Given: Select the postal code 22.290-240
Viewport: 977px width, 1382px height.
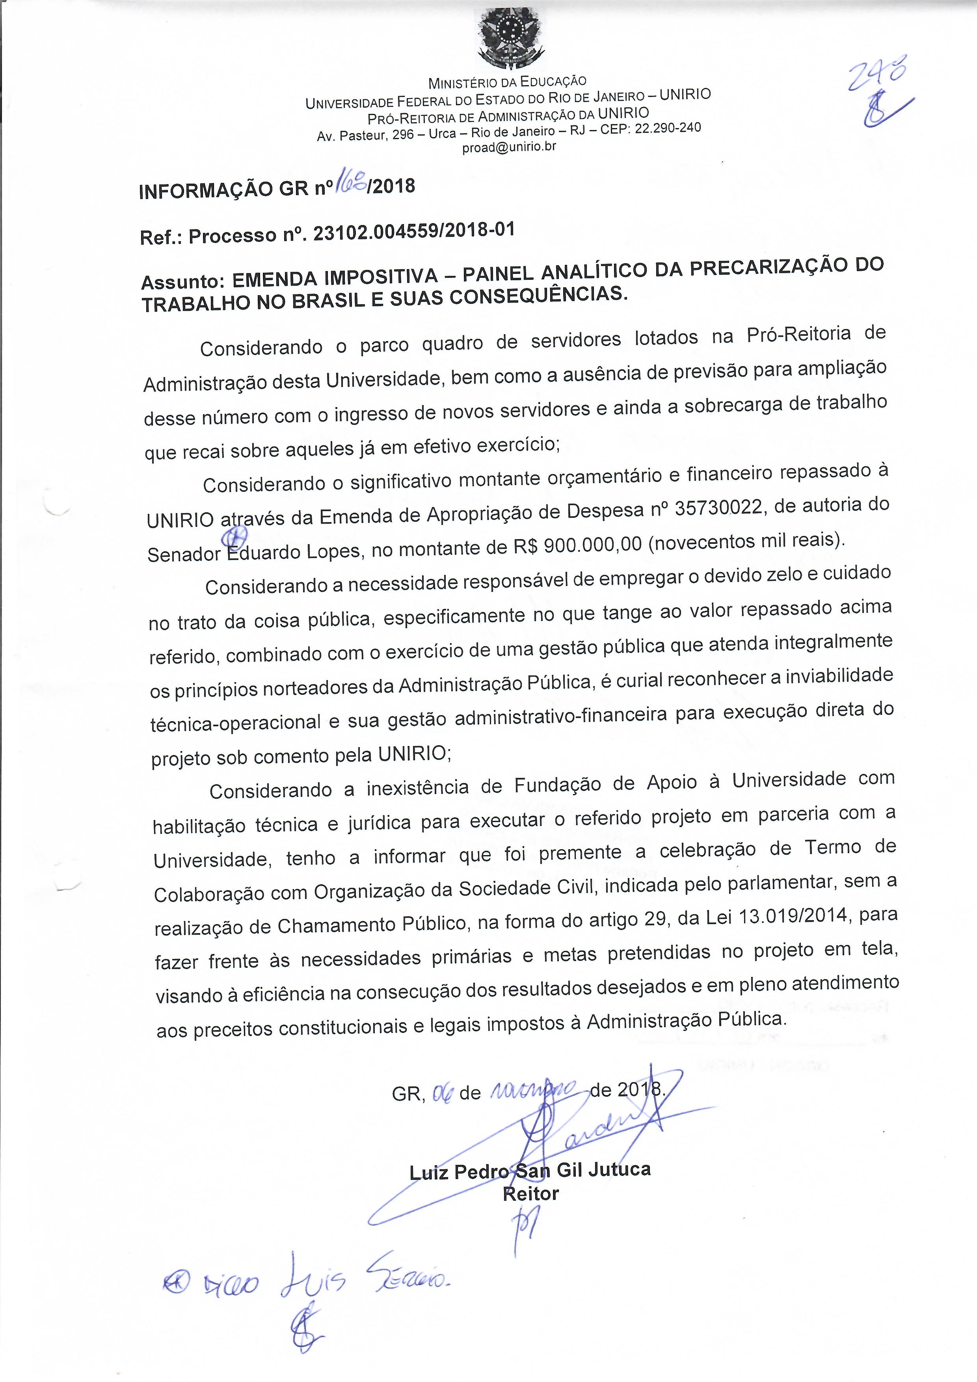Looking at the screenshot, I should (668, 128).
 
